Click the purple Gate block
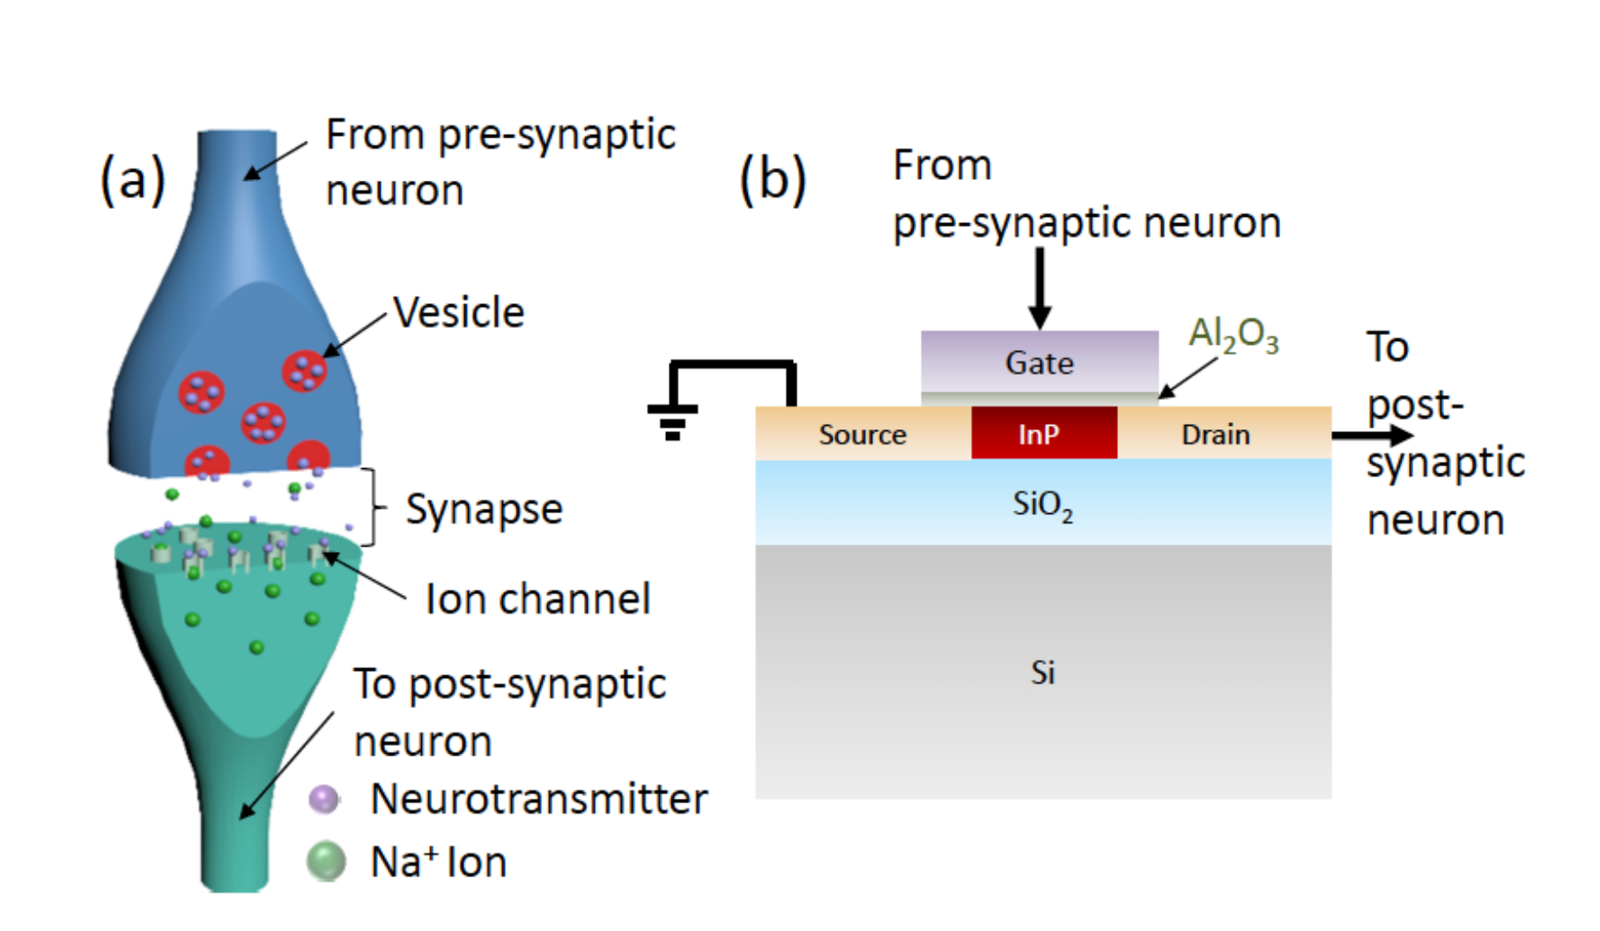click(x=1040, y=361)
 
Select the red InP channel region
click(x=1044, y=433)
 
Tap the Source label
click(x=863, y=434)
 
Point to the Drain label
click(x=1216, y=434)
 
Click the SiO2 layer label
click(x=1042, y=504)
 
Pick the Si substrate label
click(x=1043, y=673)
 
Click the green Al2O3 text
click(x=1233, y=335)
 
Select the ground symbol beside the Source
click(x=672, y=420)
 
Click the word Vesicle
click(x=458, y=312)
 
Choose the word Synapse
click(x=484, y=509)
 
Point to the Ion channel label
click(x=537, y=599)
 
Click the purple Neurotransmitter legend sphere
click(x=324, y=800)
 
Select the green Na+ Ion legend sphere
click(x=326, y=861)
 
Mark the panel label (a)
click(x=133, y=179)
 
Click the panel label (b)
click(x=773, y=179)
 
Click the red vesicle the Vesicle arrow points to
click(x=305, y=371)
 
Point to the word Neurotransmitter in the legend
click(x=538, y=799)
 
